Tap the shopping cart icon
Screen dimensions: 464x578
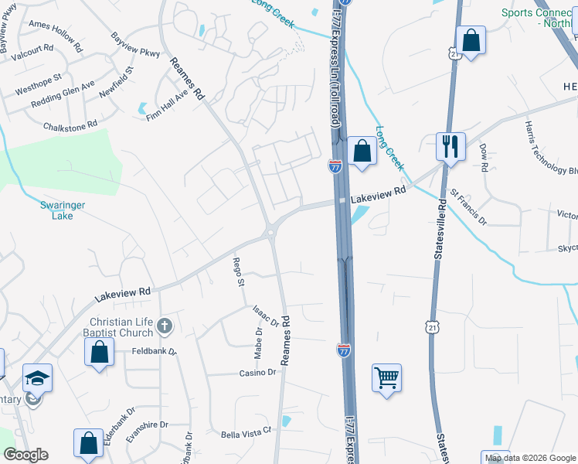386,377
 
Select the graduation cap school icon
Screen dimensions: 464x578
37,377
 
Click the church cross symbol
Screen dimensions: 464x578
164,326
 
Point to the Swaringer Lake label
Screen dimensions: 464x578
56,210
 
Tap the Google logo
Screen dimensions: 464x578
25,455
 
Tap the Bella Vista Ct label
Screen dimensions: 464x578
247,432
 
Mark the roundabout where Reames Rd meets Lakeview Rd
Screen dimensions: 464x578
272,230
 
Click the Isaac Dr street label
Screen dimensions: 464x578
264,315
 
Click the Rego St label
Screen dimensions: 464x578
239,272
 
